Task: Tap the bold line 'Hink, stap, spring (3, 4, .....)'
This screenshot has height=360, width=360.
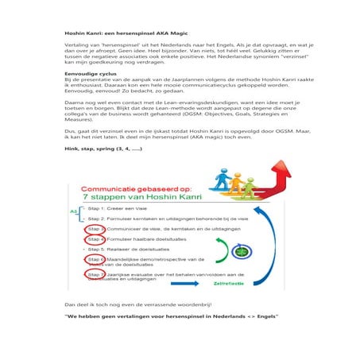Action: pos(103,148)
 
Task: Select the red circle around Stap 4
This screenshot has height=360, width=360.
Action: pos(95,238)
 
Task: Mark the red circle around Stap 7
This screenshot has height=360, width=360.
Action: pos(95,275)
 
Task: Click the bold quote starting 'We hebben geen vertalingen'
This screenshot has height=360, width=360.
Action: pos(171,316)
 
